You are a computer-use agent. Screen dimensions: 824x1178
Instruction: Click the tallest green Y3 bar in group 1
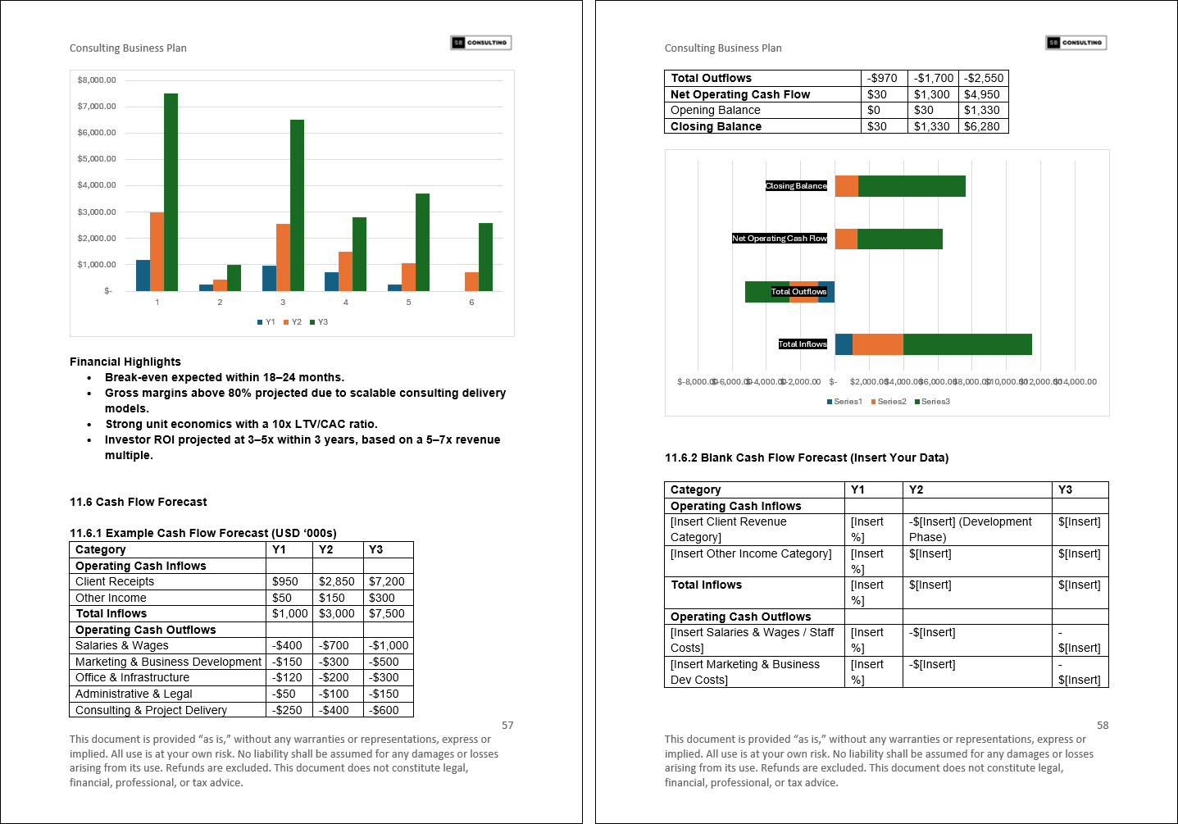click(171, 192)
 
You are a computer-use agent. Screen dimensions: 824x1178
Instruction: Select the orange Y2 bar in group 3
click(283, 257)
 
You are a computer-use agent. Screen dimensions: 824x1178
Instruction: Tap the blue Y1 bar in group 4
click(331, 281)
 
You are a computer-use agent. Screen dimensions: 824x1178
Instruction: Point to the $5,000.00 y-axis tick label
click(97, 158)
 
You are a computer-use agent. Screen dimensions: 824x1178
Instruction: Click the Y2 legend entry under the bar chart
click(293, 322)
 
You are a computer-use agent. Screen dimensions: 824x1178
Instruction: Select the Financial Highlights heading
click(125, 362)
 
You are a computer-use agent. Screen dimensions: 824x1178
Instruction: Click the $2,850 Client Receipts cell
click(336, 581)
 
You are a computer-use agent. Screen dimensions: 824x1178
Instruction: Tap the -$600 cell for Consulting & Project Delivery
click(384, 710)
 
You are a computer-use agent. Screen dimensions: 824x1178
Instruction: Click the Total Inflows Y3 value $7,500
click(386, 613)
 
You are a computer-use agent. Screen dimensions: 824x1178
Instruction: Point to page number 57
click(507, 725)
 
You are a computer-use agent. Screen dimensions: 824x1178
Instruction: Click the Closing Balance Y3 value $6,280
click(981, 126)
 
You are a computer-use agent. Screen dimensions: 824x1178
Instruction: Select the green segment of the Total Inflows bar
click(967, 344)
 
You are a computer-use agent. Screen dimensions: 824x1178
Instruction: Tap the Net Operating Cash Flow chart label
click(780, 239)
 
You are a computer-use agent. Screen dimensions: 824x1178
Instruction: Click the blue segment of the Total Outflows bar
click(826, 292)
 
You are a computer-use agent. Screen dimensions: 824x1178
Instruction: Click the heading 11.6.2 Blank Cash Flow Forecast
click(806, 458)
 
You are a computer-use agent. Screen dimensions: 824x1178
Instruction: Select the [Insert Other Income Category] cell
click(750, 553)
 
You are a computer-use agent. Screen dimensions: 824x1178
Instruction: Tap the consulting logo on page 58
click(1076, 43)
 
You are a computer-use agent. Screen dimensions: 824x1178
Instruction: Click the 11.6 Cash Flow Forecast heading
click(138, 502)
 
